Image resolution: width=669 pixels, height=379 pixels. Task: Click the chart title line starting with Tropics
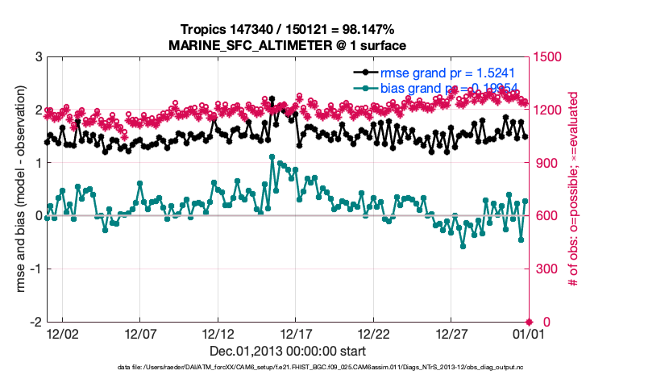288,30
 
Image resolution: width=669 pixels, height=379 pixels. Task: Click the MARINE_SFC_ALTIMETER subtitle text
288,45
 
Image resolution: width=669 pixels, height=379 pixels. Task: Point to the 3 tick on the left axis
38,57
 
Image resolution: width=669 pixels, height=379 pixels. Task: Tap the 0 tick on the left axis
38,216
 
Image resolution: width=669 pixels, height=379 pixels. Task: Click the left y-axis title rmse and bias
18,189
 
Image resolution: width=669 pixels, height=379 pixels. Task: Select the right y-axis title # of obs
573,189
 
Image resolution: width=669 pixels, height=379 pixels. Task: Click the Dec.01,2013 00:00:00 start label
288,351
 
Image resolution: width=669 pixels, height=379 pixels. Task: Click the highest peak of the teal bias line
272,156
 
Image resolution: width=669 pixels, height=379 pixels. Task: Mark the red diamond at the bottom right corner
529,322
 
